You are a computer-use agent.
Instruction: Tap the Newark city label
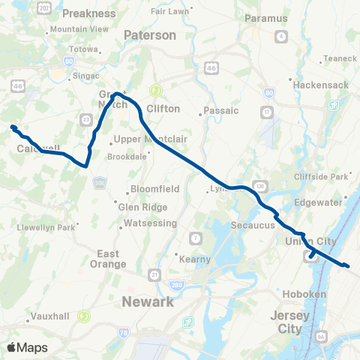[x=147, y=301]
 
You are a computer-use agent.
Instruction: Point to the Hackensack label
[x=322, y=85]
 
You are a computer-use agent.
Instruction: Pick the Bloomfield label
[x=153, y=188]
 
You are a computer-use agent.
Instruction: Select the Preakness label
[x=89, y=13]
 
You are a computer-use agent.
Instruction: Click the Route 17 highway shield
[x=265, y=112]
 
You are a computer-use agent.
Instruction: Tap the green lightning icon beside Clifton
[x=156, y=91]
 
